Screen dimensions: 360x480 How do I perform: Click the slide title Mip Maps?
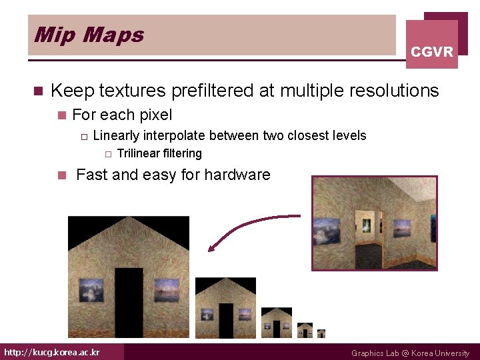89,35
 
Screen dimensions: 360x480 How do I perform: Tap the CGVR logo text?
432,51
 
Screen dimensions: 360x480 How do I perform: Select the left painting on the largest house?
89,291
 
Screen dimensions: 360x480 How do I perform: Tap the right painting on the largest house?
167,291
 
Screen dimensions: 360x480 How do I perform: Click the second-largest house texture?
225,308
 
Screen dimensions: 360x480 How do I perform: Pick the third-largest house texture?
276,323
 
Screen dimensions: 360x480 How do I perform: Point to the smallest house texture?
321,333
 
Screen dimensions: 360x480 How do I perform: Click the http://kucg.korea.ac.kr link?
52,352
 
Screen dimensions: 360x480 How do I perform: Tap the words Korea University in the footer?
440,353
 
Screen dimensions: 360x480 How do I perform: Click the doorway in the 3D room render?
366,227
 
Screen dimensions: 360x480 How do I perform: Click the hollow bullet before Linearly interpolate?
83,136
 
